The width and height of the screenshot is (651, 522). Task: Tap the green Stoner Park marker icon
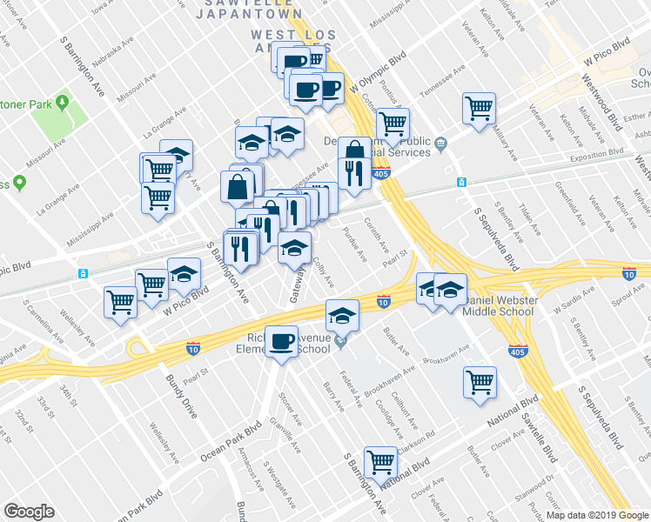pos(64,104)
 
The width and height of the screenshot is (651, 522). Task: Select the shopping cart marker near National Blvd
pos(380,461)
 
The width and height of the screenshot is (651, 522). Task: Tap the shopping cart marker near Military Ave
pos(479,108)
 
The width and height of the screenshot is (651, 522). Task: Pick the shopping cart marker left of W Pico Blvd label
pos(121,303)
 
